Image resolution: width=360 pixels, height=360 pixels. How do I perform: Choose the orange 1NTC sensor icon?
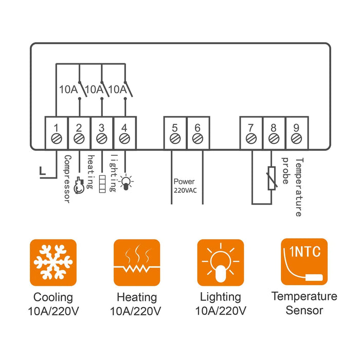pos(304,261)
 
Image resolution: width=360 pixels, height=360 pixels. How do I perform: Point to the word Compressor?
pos(66,178)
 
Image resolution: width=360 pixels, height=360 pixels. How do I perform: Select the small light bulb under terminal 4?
pos(124,182)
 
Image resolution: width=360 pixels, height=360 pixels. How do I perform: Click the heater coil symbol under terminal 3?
pos(102,183)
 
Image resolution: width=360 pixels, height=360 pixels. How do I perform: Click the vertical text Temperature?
pos(299,187)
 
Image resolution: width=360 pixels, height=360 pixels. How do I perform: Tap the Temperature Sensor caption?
pos(304,303)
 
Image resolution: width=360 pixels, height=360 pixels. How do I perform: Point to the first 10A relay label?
pos(68,89)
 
